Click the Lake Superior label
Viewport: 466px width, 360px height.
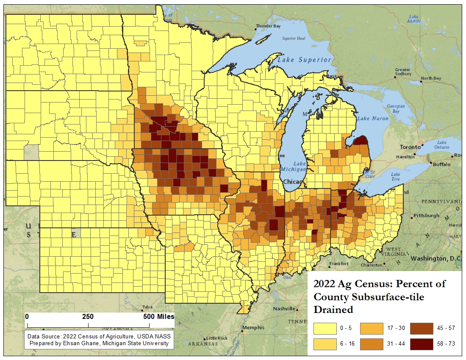(304, 60)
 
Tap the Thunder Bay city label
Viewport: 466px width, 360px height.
(268, 26)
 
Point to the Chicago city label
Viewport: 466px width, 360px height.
(293, 182)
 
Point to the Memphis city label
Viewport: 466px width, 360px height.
(253, 327)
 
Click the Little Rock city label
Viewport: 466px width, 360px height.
(217, 338)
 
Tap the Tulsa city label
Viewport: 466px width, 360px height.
(147, 307)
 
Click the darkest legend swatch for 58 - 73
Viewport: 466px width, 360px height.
(421, 343)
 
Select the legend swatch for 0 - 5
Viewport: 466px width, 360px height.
(325, 328)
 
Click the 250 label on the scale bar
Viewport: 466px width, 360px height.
(88, 316)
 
